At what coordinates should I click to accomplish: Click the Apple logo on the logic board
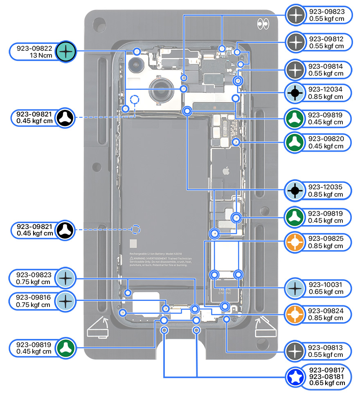click(224, 170)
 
